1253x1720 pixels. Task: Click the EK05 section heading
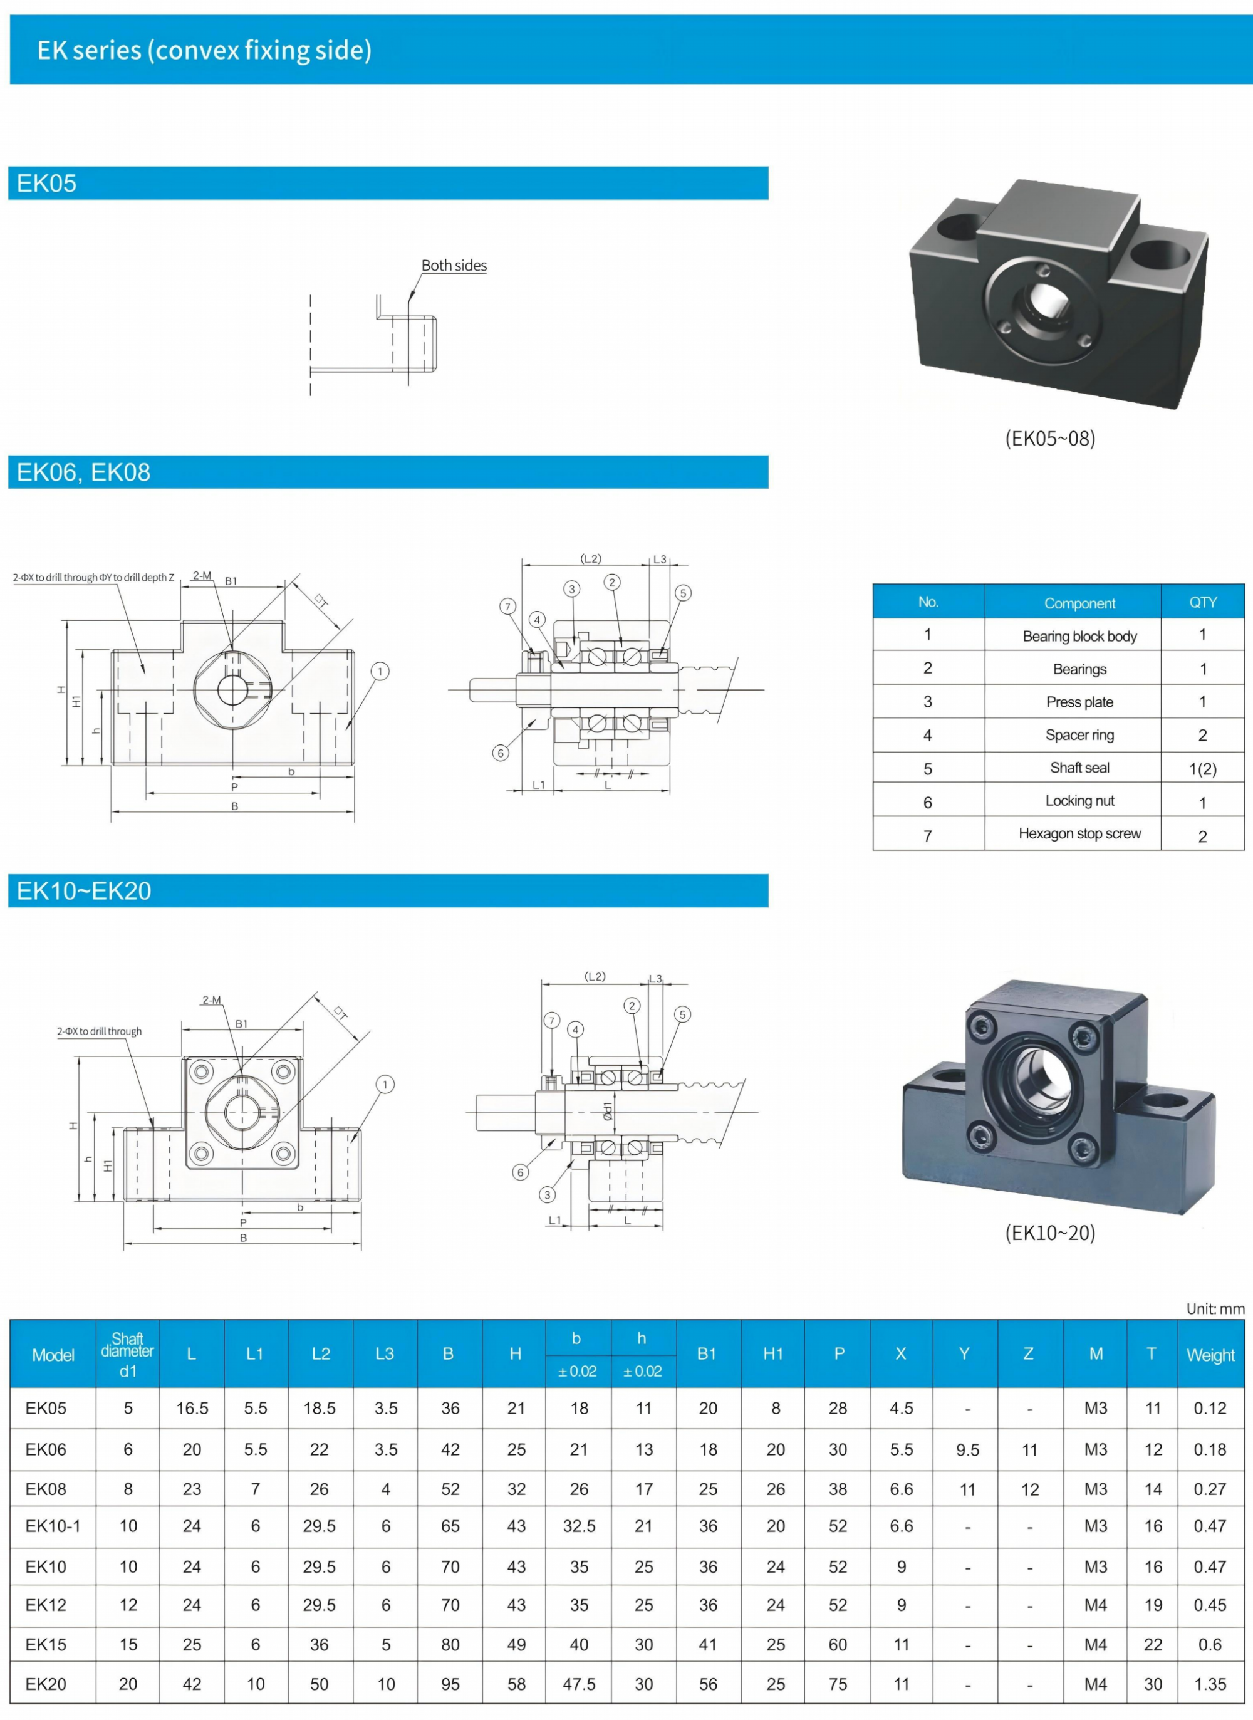[x=47, y=184]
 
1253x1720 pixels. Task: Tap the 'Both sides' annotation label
[x=454, y=266]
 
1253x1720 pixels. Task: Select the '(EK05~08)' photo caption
[x=1050, y=439]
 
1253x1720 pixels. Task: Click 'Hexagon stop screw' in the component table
[x=1079, y=833]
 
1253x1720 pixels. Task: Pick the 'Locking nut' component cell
[x=1079, y=801]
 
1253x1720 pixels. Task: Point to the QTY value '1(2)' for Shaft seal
[x=1202, y=769]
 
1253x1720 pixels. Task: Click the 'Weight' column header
[x=1210, y=1355]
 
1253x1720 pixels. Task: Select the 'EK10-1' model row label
[x=53, y=1526]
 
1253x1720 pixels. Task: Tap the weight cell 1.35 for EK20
[x=1210, y=1684]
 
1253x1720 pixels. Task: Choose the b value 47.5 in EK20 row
[x=579, y=1684]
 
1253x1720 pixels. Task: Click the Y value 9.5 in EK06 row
[x=967, y=1450]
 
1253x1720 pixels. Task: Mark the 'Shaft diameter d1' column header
[x=127, y=1355]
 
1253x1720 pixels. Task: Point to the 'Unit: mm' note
[x=1215, y=1309]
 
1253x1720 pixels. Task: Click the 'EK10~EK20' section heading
[x=84, y=891]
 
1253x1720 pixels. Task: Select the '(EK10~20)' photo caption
[x=1050, y=1233]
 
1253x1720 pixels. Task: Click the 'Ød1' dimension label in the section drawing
[x=608, y=1112]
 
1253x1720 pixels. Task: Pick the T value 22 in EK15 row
[x=1153, y=1644]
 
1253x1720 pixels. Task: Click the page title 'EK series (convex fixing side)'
[x=204, y=50]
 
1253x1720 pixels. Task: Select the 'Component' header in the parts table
[x=1079, y=603]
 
